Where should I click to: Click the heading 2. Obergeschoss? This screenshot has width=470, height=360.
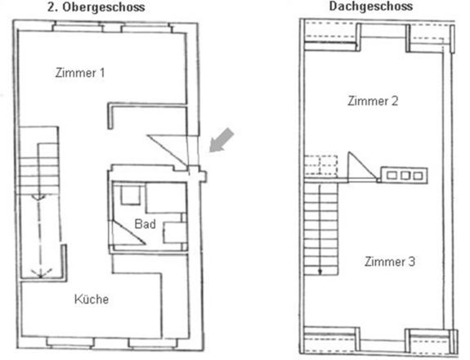[x=96, y=7]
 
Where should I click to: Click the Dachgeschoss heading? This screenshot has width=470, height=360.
[x=371, y=6]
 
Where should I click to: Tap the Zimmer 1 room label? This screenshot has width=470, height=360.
[x=80, y=73]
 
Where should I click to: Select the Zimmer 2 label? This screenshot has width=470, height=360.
[x=373, y=101]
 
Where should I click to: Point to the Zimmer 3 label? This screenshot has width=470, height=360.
[x=390, y=262]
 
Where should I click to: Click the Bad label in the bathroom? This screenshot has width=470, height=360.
[x=145, y=224]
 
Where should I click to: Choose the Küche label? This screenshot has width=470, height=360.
[x=92, y=299]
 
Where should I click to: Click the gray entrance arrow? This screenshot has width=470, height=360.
[x=222, y=140]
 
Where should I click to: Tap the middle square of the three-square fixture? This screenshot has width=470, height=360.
[x=405, y=175]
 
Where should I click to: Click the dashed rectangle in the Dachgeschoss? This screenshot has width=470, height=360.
[x=321, y=164]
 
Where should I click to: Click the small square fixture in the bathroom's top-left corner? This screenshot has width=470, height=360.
[x=131, y=196]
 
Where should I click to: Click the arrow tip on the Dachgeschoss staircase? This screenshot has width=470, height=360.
[x=320, y=272]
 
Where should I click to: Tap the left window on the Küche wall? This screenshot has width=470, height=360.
[x=70, y=342]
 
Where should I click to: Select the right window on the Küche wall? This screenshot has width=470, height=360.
[x=153, y=343]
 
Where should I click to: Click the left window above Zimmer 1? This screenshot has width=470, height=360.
[x=78, y=27]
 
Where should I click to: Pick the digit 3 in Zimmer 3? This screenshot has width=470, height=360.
[x=412, y=262]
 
